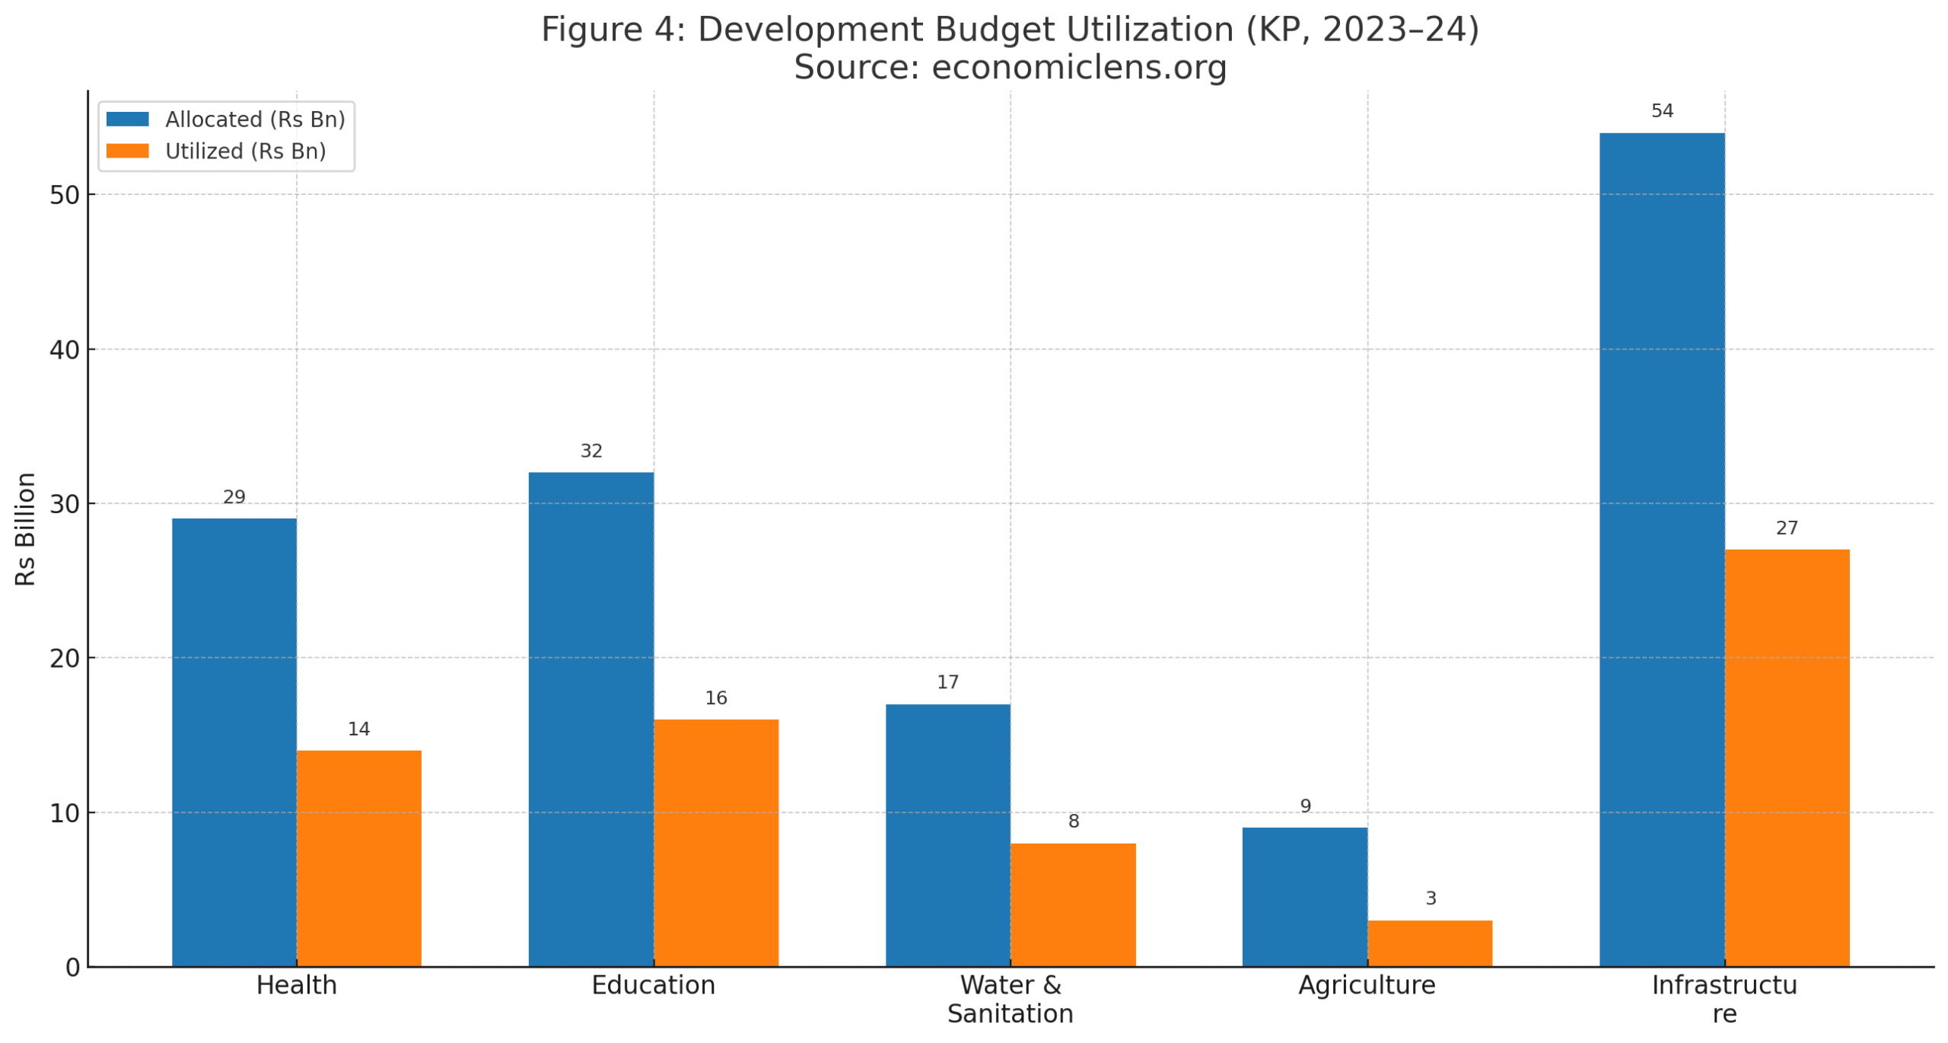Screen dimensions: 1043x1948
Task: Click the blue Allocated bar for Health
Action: [234, 742]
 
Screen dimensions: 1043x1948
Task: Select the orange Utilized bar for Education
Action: [715, 843]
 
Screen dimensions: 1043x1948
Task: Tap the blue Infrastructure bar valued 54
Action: [1661, 550]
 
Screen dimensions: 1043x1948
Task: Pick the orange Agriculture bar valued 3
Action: [1430, 943]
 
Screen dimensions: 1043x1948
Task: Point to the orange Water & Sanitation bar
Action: [1073, 904]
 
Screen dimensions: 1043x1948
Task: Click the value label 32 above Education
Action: [591, 451]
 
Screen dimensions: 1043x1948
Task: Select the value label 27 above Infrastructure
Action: [1787, 528]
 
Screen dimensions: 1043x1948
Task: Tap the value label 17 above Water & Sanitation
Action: [947, 683]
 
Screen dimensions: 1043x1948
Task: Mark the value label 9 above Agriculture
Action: [1306, 806]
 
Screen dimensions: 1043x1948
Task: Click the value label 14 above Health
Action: [358, 729]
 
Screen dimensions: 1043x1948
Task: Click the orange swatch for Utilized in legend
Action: [127, 151]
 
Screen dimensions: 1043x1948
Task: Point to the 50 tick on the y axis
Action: [65, 196]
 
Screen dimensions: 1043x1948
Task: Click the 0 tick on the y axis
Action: [72, 968]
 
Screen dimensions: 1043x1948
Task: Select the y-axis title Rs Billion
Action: [26, 529]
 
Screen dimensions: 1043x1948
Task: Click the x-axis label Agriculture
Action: [1367, 985]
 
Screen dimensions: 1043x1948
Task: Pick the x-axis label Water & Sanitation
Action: [1010, 999]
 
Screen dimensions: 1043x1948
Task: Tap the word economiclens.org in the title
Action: [1079, 67]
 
